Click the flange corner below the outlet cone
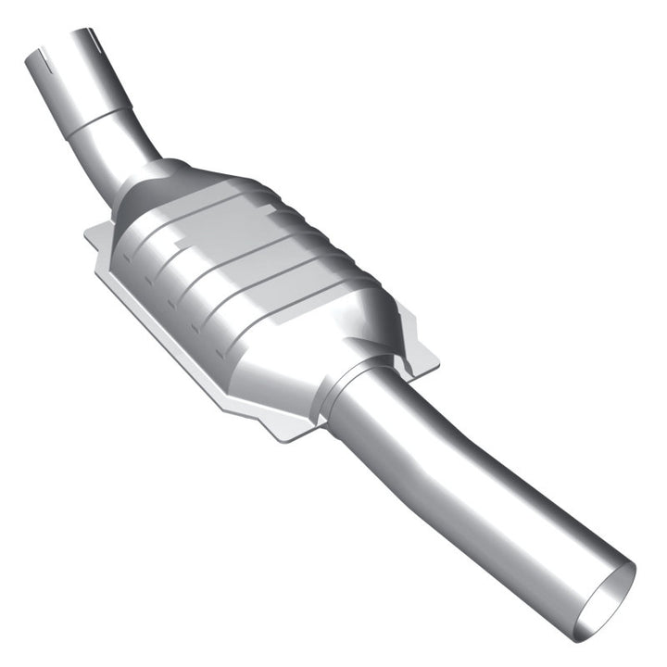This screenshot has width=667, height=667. point(287,435)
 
